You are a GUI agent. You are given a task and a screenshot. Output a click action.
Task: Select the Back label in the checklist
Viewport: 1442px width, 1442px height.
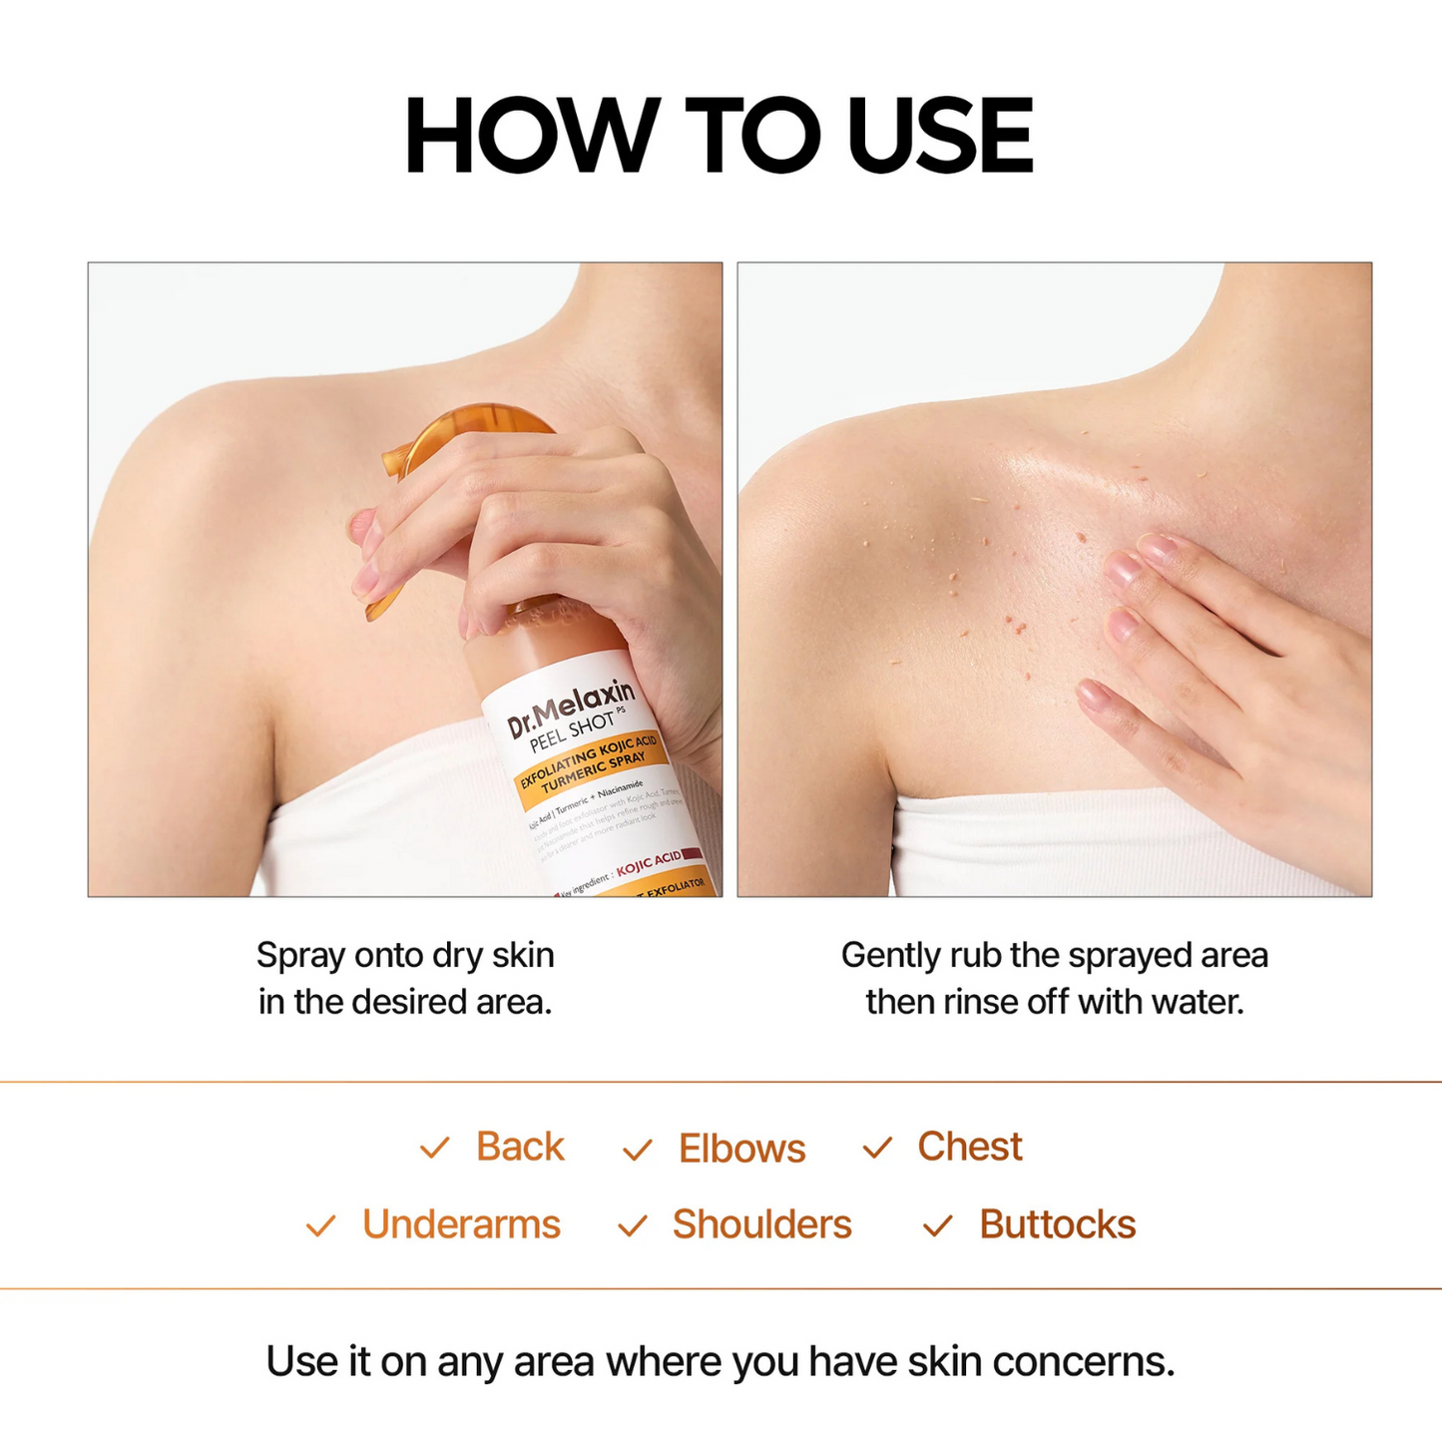click(520, 1147)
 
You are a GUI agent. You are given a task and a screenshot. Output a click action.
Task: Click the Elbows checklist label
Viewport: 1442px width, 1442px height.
click(741, 1149)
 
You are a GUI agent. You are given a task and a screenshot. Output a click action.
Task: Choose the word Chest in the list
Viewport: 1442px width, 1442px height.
click(969, 1147)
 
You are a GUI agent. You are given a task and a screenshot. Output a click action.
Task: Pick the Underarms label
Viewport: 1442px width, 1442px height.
click(461, 1224)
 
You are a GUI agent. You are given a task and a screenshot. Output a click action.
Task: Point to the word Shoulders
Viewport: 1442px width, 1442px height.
click(761, 1224)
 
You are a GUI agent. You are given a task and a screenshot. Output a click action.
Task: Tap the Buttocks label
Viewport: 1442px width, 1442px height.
click(1057, 1224)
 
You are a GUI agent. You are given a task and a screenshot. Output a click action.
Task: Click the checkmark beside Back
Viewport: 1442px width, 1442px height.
click(435, 1148)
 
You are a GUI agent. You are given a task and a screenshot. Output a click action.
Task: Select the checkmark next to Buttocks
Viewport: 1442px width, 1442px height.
click(937, 1225)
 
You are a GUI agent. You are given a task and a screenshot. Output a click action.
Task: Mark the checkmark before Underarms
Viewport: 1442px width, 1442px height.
click(320, 1225)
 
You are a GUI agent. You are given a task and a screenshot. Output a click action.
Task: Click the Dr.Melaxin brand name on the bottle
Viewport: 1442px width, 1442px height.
click(571, 709)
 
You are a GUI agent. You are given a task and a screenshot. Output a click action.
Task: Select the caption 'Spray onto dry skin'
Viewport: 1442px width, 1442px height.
click(405, 955)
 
